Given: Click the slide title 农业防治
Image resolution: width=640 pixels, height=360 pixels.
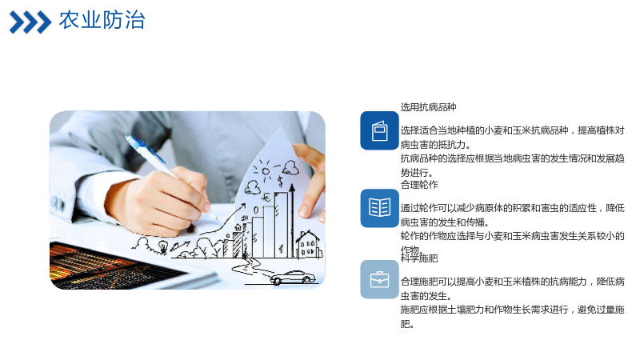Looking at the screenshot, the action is tap(102, 20).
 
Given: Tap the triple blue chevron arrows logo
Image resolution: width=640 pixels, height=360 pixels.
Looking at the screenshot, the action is tap(30, 22).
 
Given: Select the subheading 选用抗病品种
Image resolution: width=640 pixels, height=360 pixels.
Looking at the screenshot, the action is tap(428, 107).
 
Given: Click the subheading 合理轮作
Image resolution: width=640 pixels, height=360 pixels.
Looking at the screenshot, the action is tap(419, 185).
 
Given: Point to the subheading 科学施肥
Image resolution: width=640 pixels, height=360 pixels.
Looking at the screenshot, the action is tap(419, 258).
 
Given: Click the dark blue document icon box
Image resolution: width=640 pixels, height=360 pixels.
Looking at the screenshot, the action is tap(379, 130).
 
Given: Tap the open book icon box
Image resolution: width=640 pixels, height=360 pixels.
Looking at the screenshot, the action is tap(379, 208).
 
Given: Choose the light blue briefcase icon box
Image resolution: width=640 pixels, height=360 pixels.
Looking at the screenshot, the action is tap(379, 279).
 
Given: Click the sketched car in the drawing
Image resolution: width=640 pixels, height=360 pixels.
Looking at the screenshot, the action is tap(293, 278).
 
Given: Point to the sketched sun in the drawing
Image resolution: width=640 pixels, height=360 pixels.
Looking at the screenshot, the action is tap(266, 171).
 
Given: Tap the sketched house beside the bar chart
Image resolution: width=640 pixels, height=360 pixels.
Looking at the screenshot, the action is tap(309, 244).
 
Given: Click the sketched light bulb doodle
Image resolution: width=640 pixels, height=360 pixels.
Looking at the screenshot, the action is tap(163, 246).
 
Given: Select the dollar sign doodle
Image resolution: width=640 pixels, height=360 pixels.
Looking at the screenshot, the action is tap(281, 181).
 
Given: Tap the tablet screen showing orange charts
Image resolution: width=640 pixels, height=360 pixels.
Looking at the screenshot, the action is tap(110, 265).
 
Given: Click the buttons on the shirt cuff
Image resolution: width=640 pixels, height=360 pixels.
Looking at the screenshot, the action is tap(58, 203).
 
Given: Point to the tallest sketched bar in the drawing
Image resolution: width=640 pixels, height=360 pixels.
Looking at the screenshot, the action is tap(281, 225).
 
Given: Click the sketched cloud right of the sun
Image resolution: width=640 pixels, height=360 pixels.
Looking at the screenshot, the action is tap(290, 167).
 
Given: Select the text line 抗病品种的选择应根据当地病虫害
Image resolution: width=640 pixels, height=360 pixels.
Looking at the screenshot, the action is tap(512, 158).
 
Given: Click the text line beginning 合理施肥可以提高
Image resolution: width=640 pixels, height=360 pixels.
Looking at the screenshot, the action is tap(512, 282).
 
